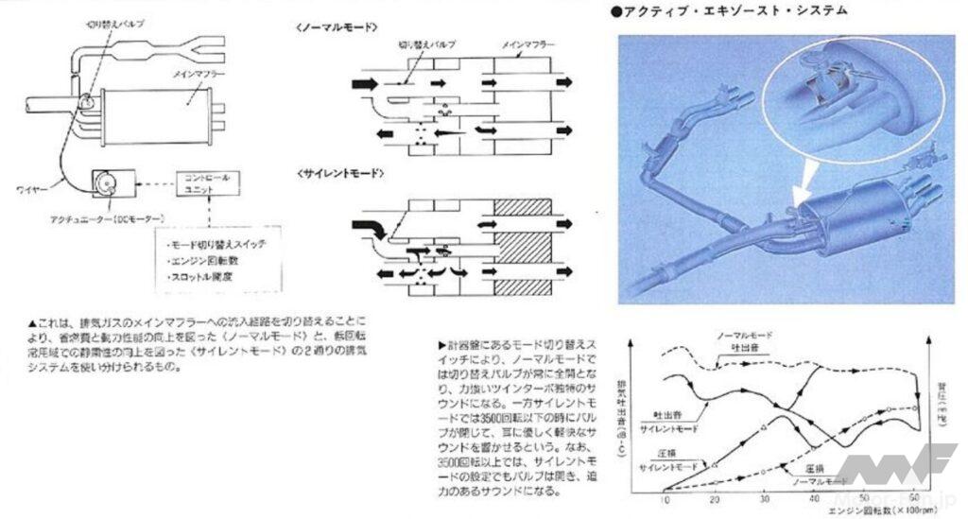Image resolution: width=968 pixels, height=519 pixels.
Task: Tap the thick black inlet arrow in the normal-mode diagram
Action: [361, 84]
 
